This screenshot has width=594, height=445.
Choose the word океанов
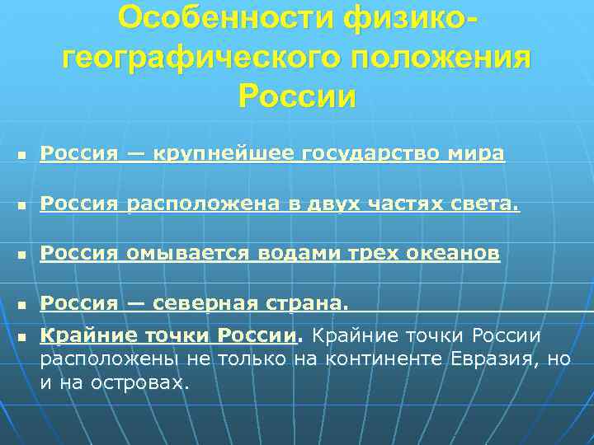453,254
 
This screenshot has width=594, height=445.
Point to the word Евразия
493,360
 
